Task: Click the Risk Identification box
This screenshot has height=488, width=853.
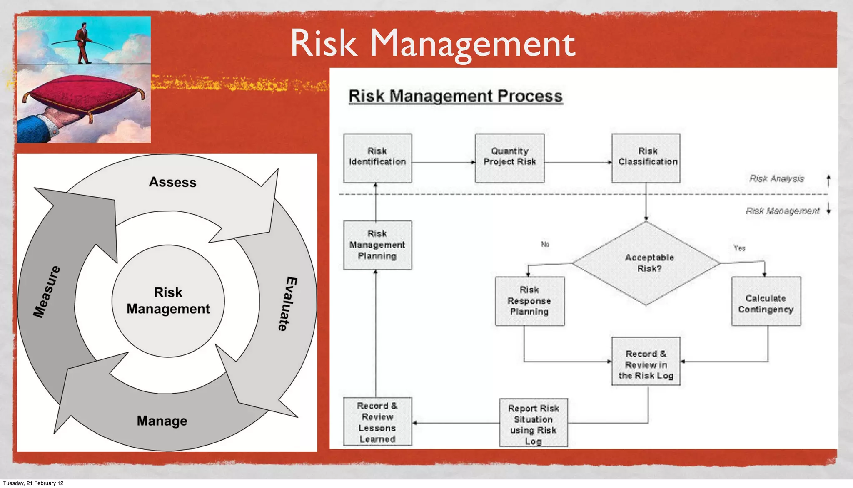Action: click(377, 158)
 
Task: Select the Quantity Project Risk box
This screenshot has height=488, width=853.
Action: click(509, 158)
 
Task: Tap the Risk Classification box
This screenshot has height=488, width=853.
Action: click(646, 158)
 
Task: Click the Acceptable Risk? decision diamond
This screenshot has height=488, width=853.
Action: click(646, 263)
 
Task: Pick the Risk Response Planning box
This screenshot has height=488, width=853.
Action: click(529, 301)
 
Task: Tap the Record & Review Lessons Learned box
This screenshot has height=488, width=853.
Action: click(377, 421)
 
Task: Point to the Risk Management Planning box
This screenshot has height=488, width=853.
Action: click(377, 245)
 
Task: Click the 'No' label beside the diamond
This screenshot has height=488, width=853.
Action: click(545, 244)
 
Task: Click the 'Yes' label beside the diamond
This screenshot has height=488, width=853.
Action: click(739, 248)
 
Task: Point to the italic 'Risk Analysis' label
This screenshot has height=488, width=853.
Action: click(777, 178)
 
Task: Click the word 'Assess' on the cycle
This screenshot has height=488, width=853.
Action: click(172, 182)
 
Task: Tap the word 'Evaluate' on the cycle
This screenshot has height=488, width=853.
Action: click(287, 304)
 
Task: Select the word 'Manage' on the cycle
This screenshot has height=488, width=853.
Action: click(162, 421)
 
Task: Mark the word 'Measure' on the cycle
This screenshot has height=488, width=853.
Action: click(47, 292)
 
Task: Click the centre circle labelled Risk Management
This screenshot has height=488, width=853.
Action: click(168, 300)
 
